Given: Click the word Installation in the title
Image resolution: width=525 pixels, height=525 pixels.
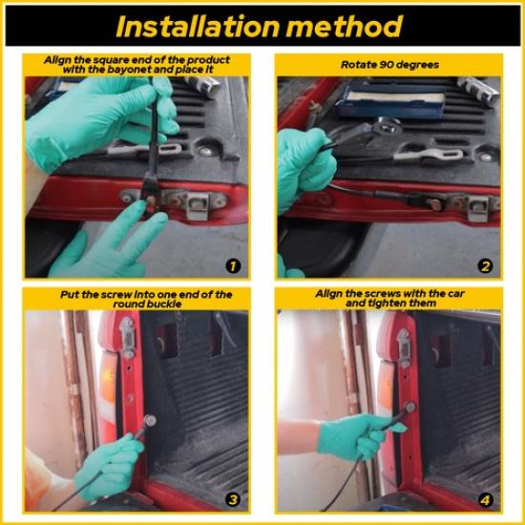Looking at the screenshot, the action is [x=198, y=26].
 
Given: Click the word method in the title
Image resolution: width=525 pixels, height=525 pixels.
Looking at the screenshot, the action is [x=345, y=26].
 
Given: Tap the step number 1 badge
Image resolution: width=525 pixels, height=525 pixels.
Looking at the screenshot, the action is [x=233, y=266].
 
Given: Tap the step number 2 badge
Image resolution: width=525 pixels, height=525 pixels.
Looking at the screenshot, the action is [x=486, y=266].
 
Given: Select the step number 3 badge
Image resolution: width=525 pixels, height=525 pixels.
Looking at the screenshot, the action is [x=233, y=500].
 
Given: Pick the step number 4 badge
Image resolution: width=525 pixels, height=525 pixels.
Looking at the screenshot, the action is [x=486, y=500].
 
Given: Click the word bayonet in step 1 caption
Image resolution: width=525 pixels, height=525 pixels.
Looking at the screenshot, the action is [x=128, y=70].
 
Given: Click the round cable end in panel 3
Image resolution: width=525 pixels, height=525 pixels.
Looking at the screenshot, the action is [x=149, y=420].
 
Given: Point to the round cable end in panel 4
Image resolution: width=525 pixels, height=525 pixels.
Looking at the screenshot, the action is [x=409, y=408].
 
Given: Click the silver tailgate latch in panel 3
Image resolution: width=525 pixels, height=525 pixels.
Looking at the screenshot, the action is [x=128, y=337].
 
